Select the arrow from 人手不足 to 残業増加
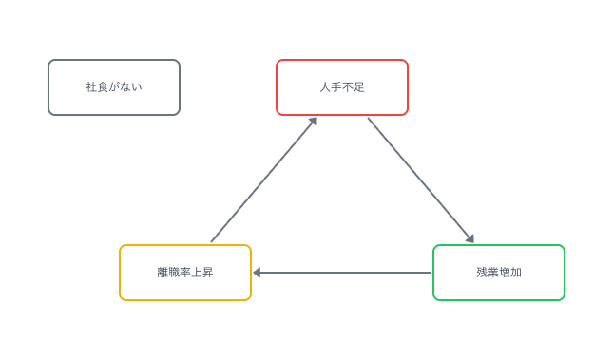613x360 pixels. point(419,179)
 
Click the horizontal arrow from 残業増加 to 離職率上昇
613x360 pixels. point(342,273)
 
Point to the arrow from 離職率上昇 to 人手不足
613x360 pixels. point(263,180)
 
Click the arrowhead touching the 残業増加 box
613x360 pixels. point(469,238)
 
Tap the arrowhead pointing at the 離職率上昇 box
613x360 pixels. point(258,273)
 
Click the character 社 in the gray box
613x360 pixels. point(91,87)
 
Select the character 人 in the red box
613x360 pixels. point(325,87)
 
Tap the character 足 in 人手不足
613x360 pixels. point(359,87)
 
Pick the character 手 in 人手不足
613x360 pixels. point(336,87)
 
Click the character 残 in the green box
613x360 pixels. point(482,273)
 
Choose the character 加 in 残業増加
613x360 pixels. point(516,273)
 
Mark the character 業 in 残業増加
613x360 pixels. point(493,273)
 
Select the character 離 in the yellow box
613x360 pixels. point(163,273)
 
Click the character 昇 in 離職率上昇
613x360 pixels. point(208,273)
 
